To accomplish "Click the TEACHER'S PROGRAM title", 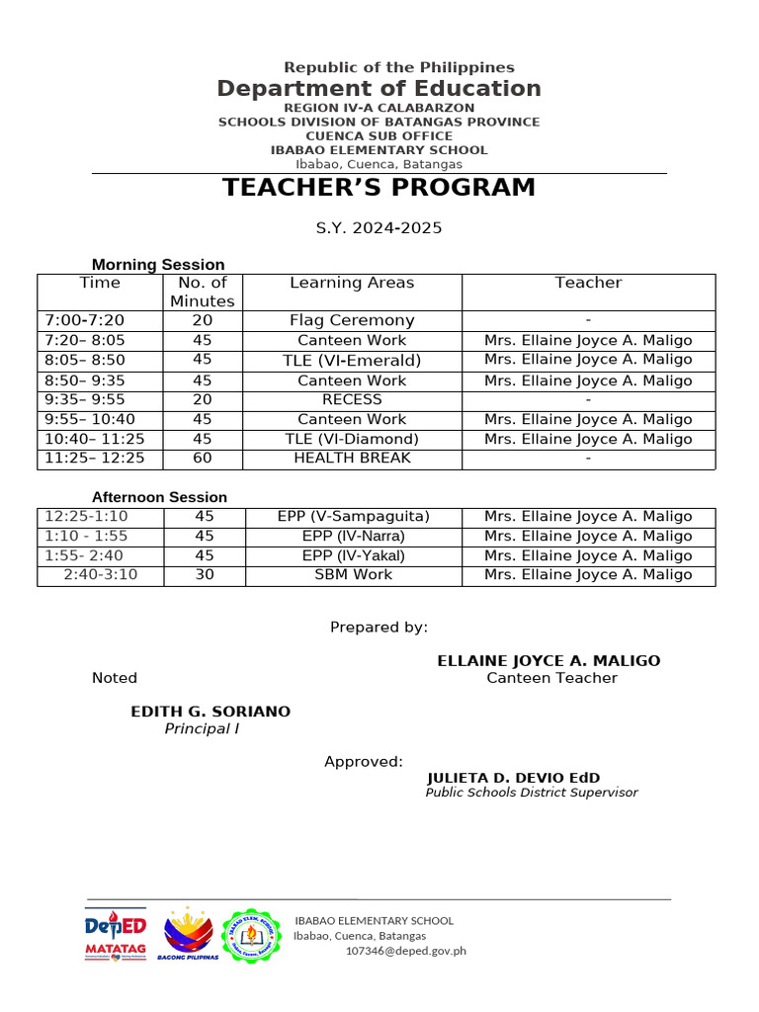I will (379, 188).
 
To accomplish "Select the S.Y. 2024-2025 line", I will (379, 228).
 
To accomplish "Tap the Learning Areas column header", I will (352, 284).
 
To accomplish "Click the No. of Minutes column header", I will (203, 293).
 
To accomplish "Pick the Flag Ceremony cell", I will (352, 320).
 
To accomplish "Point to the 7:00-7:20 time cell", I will (85, 320).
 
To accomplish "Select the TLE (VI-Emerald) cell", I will (352, 360).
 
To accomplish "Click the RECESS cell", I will (352, 399).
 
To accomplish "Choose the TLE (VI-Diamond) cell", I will (352, 439).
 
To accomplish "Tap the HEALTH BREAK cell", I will (352, 458).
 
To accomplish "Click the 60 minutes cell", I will (203, 458).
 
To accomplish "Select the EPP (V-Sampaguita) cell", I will (353, 516).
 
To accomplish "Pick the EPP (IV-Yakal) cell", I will (353, 555).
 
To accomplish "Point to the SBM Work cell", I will (353, 574).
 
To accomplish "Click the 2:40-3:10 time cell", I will (100, 574).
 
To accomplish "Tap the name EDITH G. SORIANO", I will (211, 712).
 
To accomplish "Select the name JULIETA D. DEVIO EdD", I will (513, 778).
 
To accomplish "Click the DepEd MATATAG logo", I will (116, 935).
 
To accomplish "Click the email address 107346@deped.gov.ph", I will (405, 951).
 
